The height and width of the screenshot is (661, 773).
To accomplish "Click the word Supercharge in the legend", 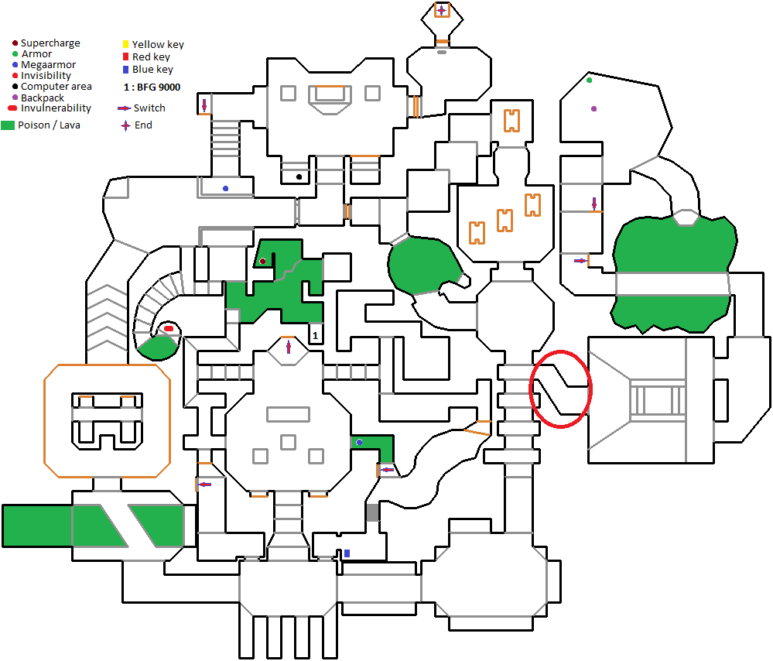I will pyautogui.click(x=50, y=43).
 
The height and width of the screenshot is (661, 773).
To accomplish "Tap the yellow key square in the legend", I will pyautogui.click(x=126, y=44).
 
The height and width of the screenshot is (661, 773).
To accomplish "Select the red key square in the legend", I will pyautogui.click(x=126, y=57).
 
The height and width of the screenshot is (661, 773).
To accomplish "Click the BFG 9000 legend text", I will pyautogui.click(x=152, y=87).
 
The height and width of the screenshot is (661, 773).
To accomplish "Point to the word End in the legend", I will pyautogui.click(x=143, y=125).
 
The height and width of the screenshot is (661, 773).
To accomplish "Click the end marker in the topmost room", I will pyautogui.click(x=441, y=10).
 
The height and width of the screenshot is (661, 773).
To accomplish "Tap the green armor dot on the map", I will pyautogui.click(x=590, y=80).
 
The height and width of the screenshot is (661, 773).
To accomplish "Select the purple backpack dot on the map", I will pyautogui.click(x=594, y=109).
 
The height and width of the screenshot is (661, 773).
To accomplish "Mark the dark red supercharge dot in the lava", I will pyautogui.click(x=263, y=262).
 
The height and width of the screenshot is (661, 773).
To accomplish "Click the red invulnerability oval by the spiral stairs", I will pyautogui.click(x=169, y=329).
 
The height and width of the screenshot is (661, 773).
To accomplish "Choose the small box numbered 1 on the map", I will pyautogui.click(x=315, y=334).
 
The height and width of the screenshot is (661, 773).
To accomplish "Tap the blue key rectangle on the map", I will pyautogui.click(x=347, y=553).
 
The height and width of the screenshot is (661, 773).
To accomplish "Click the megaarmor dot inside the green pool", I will pyautogui.click(x=359, y=442).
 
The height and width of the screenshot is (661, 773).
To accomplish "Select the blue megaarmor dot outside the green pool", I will pyautogui.click(x=225, y=188).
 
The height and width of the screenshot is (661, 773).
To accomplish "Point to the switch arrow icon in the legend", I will pyautogui.click(x=124, y=109).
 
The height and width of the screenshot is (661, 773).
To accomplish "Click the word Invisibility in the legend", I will pyautogui.click(x=46, y=76).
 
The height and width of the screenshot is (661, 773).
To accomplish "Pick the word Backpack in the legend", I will pyautogui.click(x=43, y=98).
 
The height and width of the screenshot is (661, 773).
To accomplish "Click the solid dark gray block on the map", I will pyautogui.click(x=372, y=512).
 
